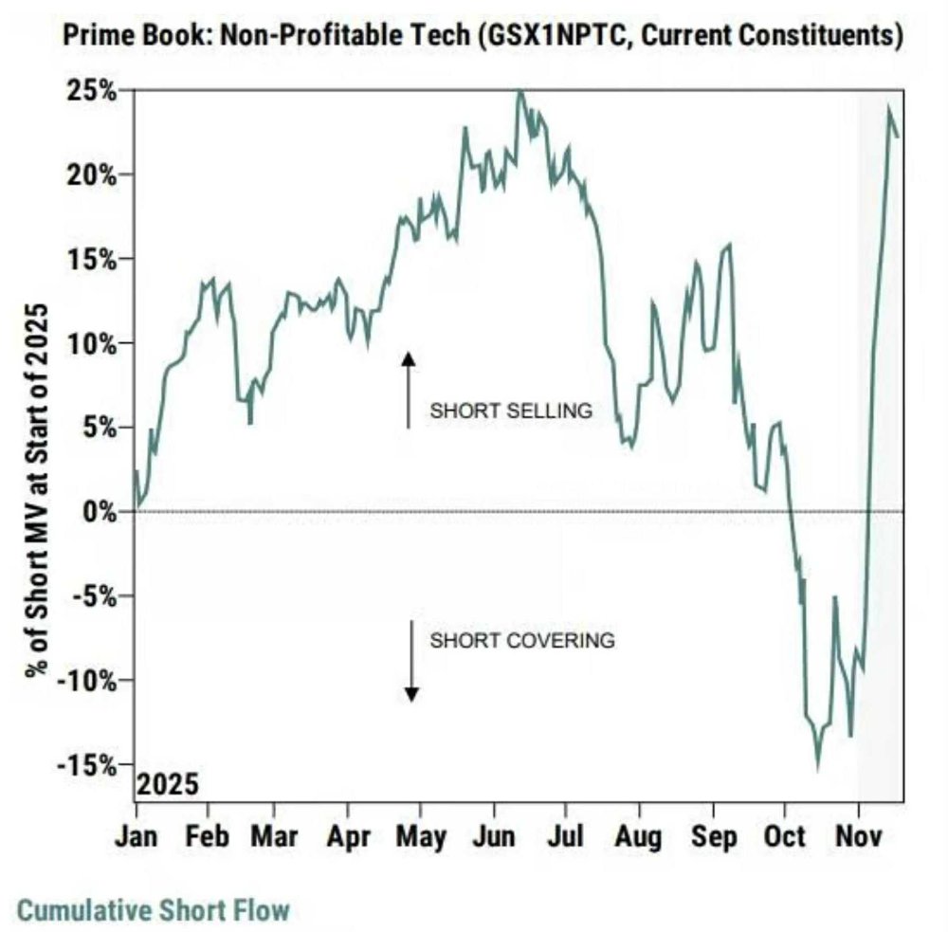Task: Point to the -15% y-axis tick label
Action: pyautogui.click(x=90, y=764)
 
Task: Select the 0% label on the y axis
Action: pyautogui.click(x=101, y=512)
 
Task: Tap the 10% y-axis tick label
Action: pyautogui.click(x=95, y=343)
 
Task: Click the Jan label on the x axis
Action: pyautogui.click(x=136, y=837)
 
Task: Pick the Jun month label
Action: pyautogui.click(x=493, y=837)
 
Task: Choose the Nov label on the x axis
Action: pyautogui.click(x=859, y=837)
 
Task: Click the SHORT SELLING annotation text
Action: pyautogui.click(x=511, y=411)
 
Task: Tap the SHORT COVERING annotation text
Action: pyautogui.click(x=522, y=640)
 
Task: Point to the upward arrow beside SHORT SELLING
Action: pyautogui.click(x=408, y=390)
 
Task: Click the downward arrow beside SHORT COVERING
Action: pyautogui.click(x=411, y=661)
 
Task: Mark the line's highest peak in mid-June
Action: pyautogui.click(x=519, y=92)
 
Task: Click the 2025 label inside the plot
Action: pyautogui.click(x=168, y=785)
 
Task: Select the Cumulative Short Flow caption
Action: pyautogui.click(x=154, y=911)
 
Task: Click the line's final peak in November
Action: pyautogui.click(x=889, y=108)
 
